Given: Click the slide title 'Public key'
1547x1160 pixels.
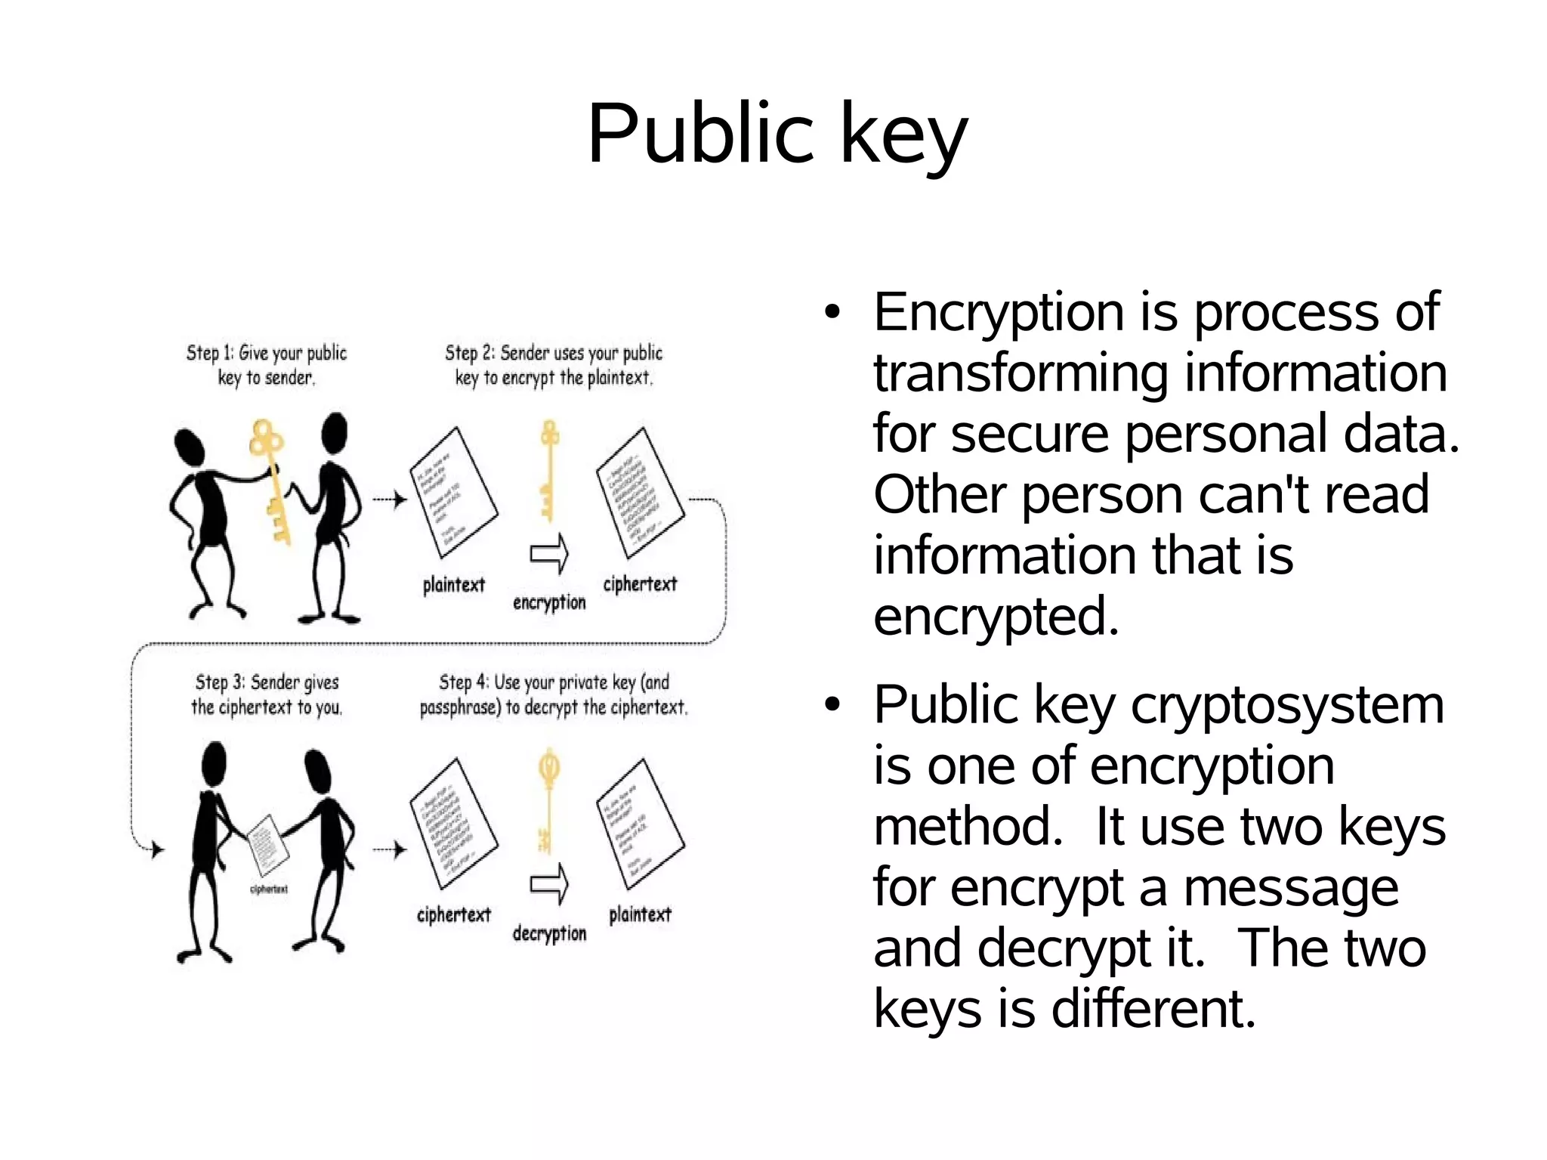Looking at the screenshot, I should click(777, 135).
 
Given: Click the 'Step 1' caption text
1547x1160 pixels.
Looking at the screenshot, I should click(266, 365).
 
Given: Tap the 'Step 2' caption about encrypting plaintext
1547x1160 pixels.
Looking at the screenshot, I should click(553, 365).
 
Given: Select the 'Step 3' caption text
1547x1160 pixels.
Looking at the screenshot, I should click(267, 694).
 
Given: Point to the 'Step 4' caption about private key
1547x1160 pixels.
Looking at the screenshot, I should click(554, 694).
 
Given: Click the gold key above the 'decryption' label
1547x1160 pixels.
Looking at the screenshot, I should click(548, 797).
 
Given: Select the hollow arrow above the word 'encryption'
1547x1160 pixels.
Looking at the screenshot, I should click(549, 553).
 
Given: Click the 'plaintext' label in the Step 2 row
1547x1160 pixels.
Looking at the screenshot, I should click(453, 585).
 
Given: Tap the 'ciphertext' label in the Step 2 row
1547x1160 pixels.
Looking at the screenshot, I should click(640, 584).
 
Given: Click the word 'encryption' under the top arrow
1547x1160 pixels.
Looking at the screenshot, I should click(549, 603).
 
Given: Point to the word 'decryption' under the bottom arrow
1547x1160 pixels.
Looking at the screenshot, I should click(549, 934).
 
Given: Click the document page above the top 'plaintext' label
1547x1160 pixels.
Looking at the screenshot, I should click(453, 491).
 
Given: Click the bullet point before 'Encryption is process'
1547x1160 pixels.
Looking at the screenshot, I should click(832, 312).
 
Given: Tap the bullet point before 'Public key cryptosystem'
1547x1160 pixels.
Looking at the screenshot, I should click(832, 705).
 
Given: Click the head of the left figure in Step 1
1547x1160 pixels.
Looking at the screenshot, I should click(188, 447).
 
